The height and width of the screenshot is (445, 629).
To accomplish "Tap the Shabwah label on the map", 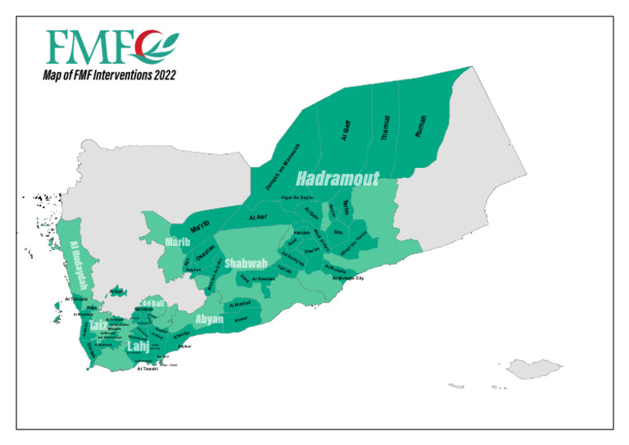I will tap(247, 263).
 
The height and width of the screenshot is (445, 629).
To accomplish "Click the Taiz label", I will tap(98, 325).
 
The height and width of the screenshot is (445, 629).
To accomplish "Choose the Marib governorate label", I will tap(178, 243).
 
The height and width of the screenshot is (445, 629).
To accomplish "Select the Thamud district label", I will tap(386, 129).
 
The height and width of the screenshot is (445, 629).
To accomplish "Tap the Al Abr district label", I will tap(259, 217).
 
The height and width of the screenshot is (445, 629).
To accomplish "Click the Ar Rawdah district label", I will tap(262, 279).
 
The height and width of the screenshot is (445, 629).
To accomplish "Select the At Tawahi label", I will tap(147, 370).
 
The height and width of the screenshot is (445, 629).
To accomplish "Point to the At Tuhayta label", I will tap(75, 299).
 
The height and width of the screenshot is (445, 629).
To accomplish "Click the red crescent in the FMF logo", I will tap(148, 48).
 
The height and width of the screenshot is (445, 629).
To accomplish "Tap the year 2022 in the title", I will tap(162, 75).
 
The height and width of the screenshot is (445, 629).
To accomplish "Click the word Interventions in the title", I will tap(120, 75).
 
